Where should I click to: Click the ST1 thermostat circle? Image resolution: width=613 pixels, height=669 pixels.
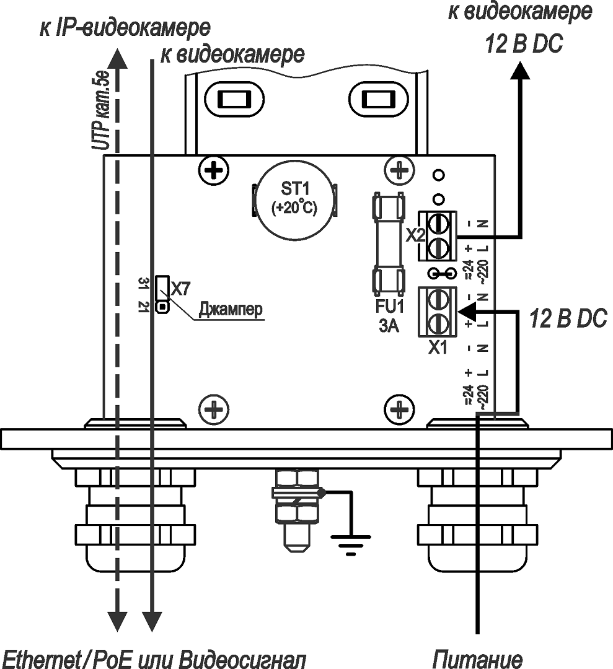[294, 202]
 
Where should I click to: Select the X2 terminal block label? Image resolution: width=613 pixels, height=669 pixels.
[415, 236]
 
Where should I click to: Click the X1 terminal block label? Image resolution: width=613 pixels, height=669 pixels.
[438, 348]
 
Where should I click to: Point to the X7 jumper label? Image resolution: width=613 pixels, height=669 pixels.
[181, 288]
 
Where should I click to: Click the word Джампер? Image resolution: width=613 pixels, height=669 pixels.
[231, 309]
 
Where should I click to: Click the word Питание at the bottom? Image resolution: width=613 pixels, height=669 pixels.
[477, 658]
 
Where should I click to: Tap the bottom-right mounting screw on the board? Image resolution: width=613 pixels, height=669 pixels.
[399, 409]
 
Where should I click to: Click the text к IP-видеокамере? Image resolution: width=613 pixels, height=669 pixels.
[125, 28]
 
